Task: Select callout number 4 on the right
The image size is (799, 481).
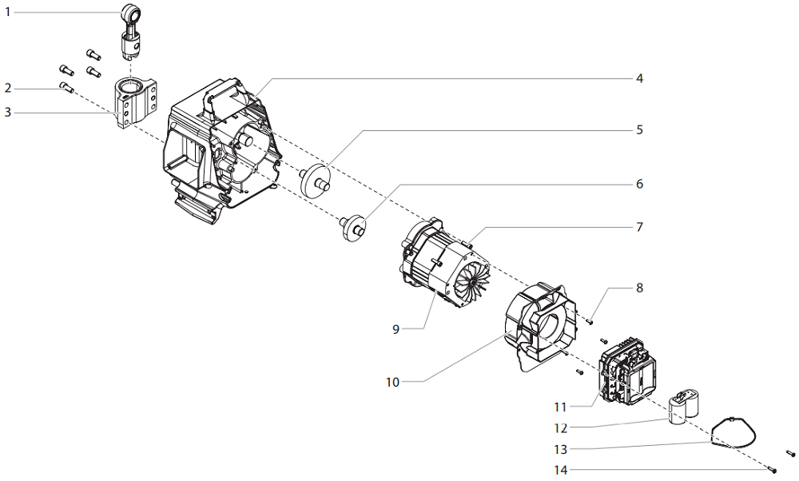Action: pos(639,78)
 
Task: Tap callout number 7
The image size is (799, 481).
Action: pos(639,227)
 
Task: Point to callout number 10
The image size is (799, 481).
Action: pos(392,382)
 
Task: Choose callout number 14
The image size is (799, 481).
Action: pos(562,469)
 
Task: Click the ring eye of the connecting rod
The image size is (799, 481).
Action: pos(131,13)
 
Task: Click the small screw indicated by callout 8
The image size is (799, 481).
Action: pos(590,321)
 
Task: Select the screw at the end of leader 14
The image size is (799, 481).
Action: pos(774,469)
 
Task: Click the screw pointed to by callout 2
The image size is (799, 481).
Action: pos(66,87)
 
